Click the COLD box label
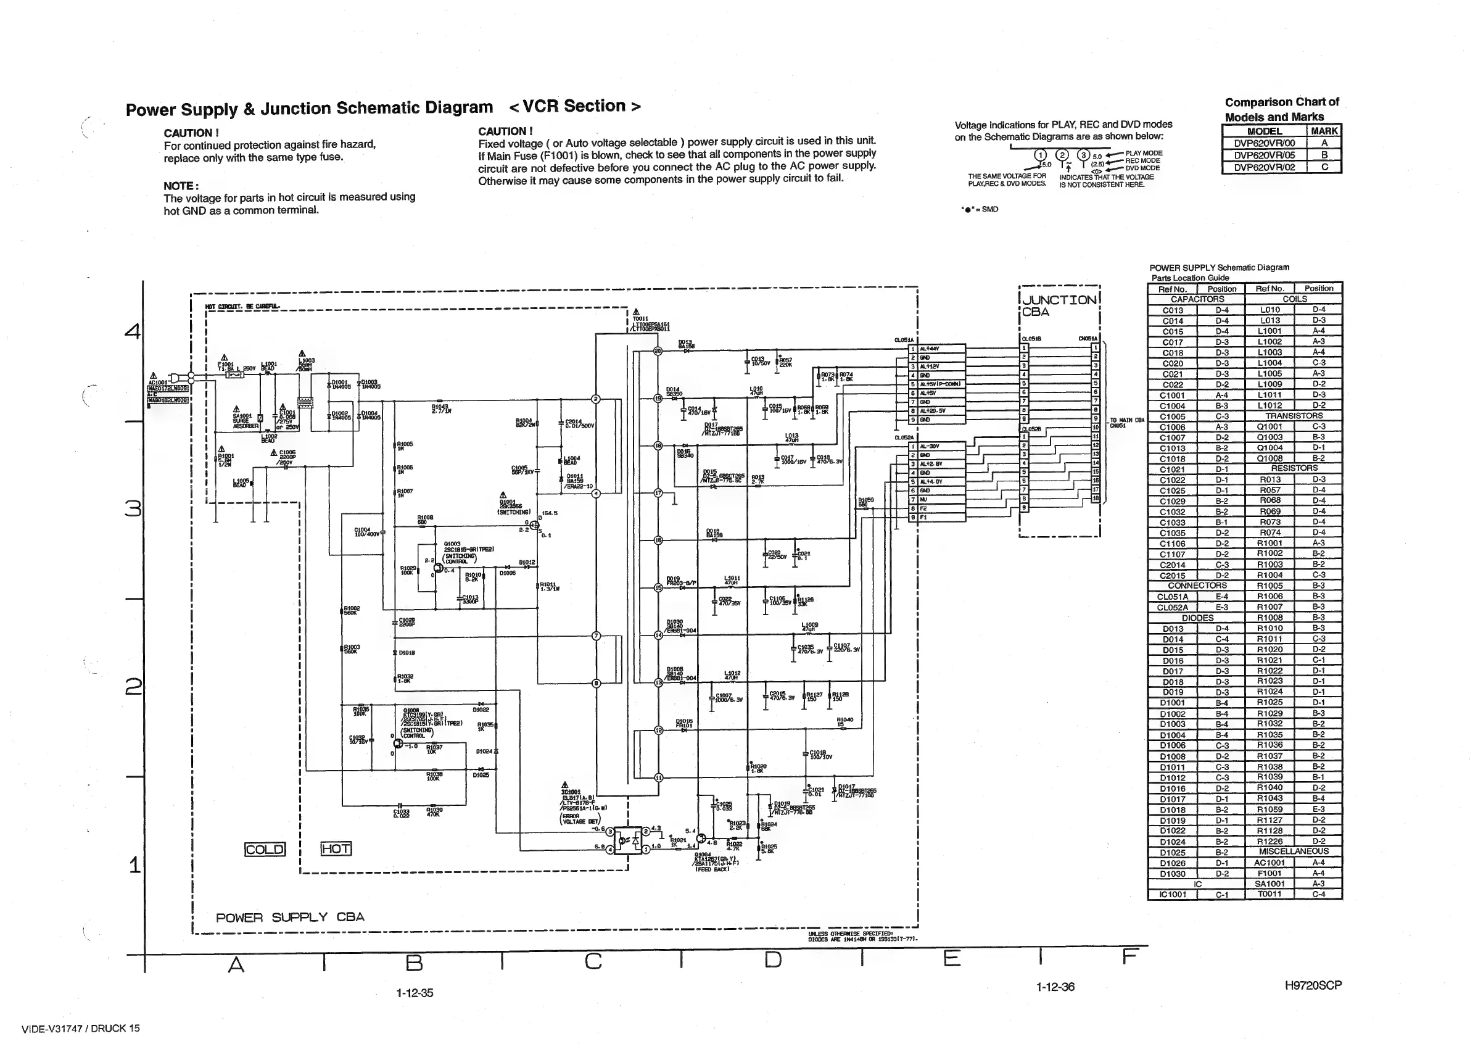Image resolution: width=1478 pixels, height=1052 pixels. coord(264,849)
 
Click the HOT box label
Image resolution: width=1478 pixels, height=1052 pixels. coord(336,848)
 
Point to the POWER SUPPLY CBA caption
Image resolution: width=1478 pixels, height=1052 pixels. coord(289,917)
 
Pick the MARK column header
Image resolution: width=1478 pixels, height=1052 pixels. coord(1324,131)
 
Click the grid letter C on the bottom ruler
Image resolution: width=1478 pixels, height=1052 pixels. coord(593,961)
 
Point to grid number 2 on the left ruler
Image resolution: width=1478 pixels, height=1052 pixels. coord(133,686)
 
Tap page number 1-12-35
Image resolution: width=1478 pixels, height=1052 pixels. coord(415,993)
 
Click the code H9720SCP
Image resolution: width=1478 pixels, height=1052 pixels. coord(1313,985)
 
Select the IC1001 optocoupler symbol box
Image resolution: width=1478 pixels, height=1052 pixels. coord(627,840)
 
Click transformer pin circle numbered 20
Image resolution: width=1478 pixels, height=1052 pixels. coord(658,351)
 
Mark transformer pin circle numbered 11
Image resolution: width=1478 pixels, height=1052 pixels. coord(659,777)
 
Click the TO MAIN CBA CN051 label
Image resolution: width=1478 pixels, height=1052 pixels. coord(1127,423)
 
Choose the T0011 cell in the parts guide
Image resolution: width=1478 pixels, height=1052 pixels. coord(1269,894)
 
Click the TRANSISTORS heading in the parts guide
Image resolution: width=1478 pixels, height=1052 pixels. coord(1294,416)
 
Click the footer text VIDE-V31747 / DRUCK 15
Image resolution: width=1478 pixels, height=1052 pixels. coord(80,1029)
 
